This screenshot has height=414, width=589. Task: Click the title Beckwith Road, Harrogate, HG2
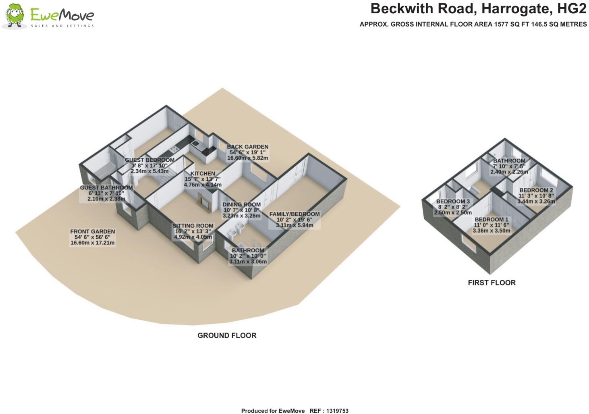[x=478, y=8]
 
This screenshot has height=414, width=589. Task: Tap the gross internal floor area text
[x=473, y=24]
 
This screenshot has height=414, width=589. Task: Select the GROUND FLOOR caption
[x=227, y=335]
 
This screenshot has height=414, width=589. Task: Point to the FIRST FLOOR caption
[x=492, y=283]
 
